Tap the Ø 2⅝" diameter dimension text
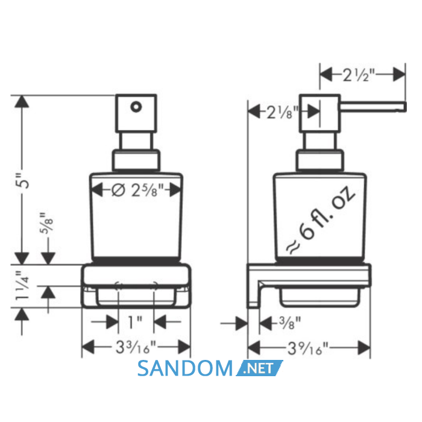click(137, 190)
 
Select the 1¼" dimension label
click(23, 286)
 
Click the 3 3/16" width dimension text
click(136, 347)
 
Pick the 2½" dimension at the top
click(359, 75)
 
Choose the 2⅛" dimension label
click(283, 112)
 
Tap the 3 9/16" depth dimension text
click(308, 348)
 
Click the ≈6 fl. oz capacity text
click(321, 220)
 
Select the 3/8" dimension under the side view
click(289, 323)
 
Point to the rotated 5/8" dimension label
click(46, 222)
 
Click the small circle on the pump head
click(136, 107)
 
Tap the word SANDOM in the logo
click(185, 368)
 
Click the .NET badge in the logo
click(259, 368)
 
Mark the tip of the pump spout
click(406, 107)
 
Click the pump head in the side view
click(320, 113)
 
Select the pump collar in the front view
click(136, 160)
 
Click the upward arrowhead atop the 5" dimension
click(22, 102)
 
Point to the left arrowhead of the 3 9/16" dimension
click(254, 347)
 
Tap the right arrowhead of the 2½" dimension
click(399, 75)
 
